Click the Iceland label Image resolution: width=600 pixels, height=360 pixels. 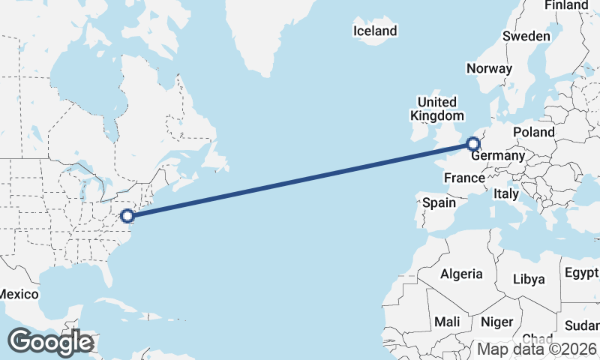pyautogui.click(x=375, y=31)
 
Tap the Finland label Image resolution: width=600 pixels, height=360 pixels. pyautogui.click(x=566, y=5)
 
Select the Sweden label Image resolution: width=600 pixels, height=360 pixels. pyautogui.click(x=526, y=36)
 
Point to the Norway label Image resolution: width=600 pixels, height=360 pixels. pyautogui.click(x=489, y=68)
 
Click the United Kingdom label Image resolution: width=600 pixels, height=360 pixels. pyautogui.click(x=436, y=109)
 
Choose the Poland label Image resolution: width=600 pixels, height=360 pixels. pyautogui.click(x=534, y=132)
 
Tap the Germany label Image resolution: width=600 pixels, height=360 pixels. pyautogui.click(x=497, y=155)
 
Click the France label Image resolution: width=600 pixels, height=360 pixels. pyautogui.click(x=464, y=178)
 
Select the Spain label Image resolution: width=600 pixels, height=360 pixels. pyautogui.click(x=439, y=202)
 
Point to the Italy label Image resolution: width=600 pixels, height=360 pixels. pyautogui.click(x=506, y=193)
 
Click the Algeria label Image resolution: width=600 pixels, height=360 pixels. pyautogui.click(x=461, y=274)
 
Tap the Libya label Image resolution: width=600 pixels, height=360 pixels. pyautogui.click(x=529, y=279)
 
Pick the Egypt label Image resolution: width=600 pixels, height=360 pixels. pyautogui.click(x=582, y=271)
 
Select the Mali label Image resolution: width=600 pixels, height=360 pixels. pyautogui.click(x=448, y=322)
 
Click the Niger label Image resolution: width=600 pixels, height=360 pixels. pyautogui.click(x=496, y=322)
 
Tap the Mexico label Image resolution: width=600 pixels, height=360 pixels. pyautogui.click(x=18, y=294)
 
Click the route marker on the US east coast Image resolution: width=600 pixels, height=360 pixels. pyautogui.click(x=127, y=216)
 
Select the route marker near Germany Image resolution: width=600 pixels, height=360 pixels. pyautogui.click(x=473, y=143)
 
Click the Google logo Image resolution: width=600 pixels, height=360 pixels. pyautogui.click(x=50, y=342)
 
